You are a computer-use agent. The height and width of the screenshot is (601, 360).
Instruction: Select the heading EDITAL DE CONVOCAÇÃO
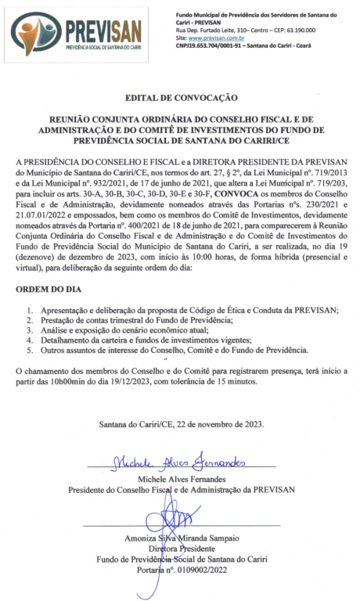pyautogui.click(x=181, y=99)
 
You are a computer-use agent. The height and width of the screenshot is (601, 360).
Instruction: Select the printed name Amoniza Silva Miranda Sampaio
pyautogui.click(x=182, y=539)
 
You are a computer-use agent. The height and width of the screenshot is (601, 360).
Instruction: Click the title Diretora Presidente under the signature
pyautogui.click(x=182, y=549)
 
